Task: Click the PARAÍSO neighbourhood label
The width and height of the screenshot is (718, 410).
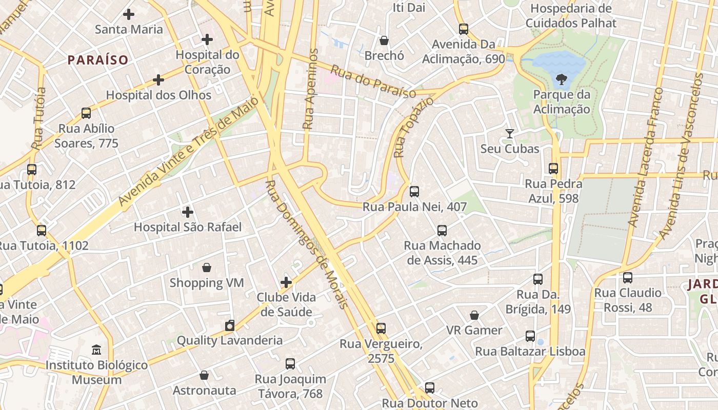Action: click(x=98, y=60)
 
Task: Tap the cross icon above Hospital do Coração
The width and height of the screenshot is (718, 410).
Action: click(x=207, y=39)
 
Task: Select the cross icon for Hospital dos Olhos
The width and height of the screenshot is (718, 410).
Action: click(x=158, y=80)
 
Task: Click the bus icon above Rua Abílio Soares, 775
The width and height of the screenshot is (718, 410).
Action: click(x=86, y=113)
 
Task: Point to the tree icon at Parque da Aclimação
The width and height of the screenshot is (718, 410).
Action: click(x=562, y=79)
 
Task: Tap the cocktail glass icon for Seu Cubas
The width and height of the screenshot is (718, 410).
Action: click(x=509, y=134)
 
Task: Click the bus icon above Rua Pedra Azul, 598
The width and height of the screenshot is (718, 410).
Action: click(x=553, y=169)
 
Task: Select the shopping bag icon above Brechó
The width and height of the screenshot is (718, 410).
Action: click(x=384, y=40)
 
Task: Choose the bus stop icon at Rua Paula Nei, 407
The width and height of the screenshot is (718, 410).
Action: click(x=414, y=192)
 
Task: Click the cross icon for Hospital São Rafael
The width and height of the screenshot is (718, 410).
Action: click(x=188, y=212)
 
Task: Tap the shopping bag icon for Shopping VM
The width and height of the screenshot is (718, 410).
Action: click(x=207, y=268)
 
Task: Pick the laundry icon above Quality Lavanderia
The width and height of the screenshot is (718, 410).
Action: click(x=230, y=325)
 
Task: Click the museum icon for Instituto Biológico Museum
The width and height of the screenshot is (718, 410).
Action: click(x=96, y=350)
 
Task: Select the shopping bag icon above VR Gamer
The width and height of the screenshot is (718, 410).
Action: click(x=474, y=315)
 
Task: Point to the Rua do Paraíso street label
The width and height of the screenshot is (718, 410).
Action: click(x=373, y=81)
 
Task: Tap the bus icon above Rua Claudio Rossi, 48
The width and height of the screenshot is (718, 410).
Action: click(x=628, y=278)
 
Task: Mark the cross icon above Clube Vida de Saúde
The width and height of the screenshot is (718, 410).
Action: click(x=286, y=282)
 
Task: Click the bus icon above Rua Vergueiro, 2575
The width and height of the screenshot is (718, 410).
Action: click(x=381, y=329)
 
